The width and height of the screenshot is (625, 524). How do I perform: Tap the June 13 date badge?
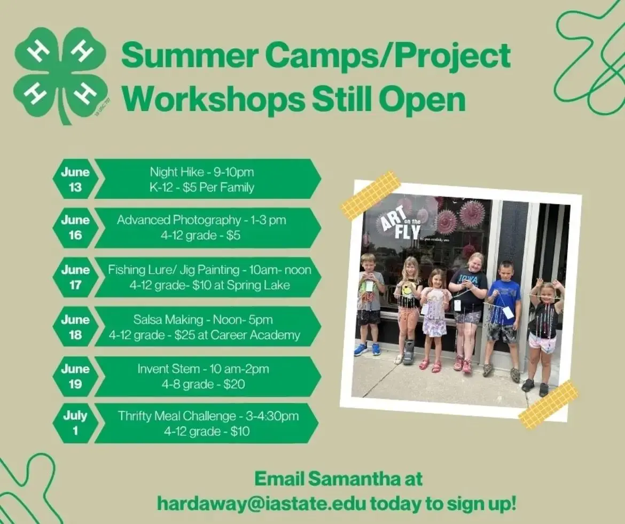coord(75,179)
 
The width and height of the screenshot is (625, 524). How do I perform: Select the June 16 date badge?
coord(75,228)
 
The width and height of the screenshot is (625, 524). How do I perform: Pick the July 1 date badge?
coord(75,423)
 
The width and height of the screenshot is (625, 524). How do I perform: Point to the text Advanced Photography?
coord(178,220)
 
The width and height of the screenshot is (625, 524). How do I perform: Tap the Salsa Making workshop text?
coord(168,319)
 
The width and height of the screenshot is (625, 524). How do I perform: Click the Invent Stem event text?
coord(169,369)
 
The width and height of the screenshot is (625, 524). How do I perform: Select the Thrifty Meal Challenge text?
coord(177,416)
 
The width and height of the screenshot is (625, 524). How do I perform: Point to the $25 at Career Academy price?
coord(237,335)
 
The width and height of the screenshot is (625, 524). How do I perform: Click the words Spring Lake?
coord(259,285)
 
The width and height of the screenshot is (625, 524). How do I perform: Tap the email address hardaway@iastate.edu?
coord(261,504)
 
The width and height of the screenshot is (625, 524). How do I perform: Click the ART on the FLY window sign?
coord(397,224)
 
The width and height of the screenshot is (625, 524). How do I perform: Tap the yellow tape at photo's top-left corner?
coord(370,194)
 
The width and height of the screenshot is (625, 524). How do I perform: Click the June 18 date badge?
coord(75,327)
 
